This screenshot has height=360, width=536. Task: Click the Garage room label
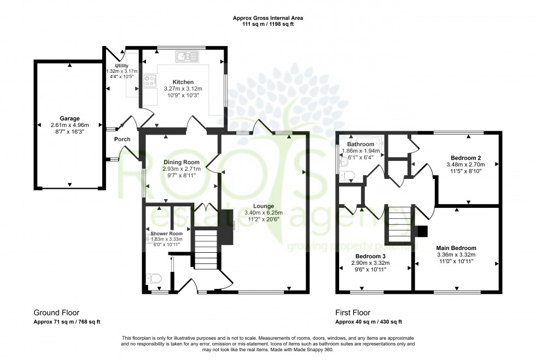point(69,118)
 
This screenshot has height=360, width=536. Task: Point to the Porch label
point(122,139)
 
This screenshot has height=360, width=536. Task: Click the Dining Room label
point(179,162)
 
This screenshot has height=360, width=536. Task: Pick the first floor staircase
point(398,224)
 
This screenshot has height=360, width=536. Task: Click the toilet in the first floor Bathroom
point(347,176)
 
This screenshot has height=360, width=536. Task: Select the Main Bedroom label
point(456,248)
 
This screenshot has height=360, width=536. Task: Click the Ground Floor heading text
point(56,313)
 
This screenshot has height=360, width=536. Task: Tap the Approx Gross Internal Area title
point(267,18)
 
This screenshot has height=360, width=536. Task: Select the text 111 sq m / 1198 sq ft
point(267,25)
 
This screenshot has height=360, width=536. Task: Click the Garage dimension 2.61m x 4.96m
point(69,125)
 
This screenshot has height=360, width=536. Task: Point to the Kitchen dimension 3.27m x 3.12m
point(183,89)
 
